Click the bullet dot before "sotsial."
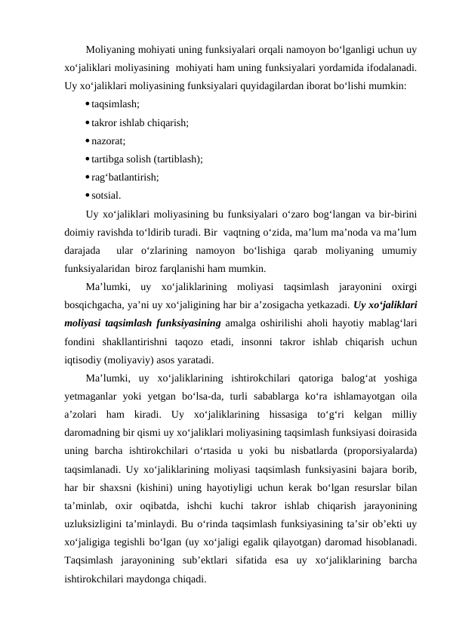tap(88, 195)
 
